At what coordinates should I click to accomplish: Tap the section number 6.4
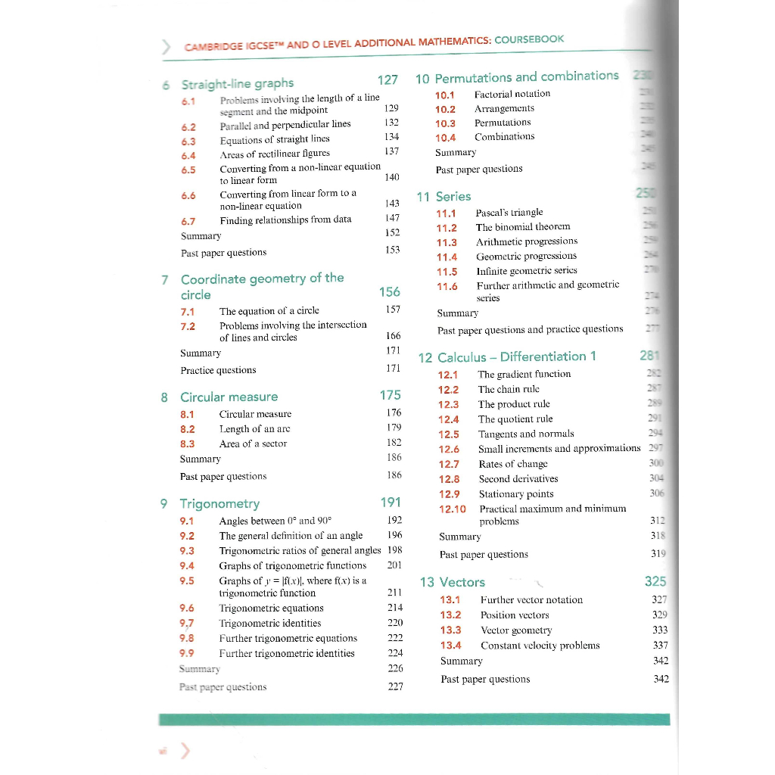(x=188, y=155)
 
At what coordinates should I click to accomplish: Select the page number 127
(x=387, y=80)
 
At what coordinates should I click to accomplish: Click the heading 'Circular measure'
(x=229, y=397)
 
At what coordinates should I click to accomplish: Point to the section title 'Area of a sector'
(x=253, y=444)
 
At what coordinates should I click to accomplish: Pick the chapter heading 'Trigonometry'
(x=219, y=503)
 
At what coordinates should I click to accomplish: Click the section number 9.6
(x=187, y=608)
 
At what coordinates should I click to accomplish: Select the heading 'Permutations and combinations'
(x=526, y=77)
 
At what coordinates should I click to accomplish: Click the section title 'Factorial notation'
(x=512, y=94)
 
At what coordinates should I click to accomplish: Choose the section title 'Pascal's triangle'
(x=509, y=213)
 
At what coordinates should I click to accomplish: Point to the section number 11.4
(x=447, y=257)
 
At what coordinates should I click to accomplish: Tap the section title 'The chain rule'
(x=509, y=389)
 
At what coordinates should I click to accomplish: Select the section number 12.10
(x=452, y=509)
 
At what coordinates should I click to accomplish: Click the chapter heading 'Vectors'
(x=462, y=582)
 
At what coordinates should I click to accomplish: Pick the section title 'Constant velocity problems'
(x=540, y=646)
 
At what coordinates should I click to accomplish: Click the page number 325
(x=655, y=581)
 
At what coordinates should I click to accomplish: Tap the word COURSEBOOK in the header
(x=529, y=39)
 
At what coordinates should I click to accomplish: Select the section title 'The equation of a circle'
(x=269, y=310)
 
